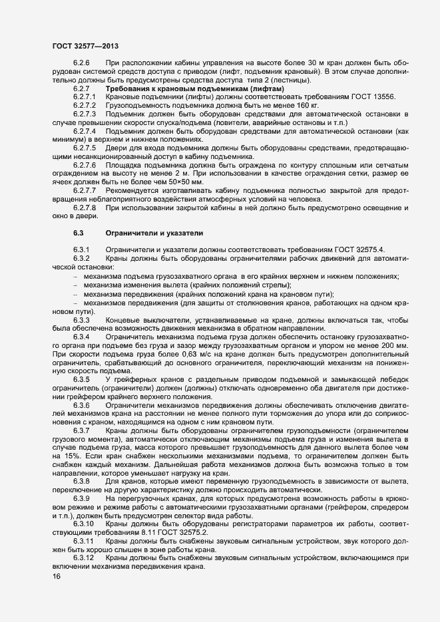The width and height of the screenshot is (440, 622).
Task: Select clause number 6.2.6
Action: [x=81, y=63]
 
